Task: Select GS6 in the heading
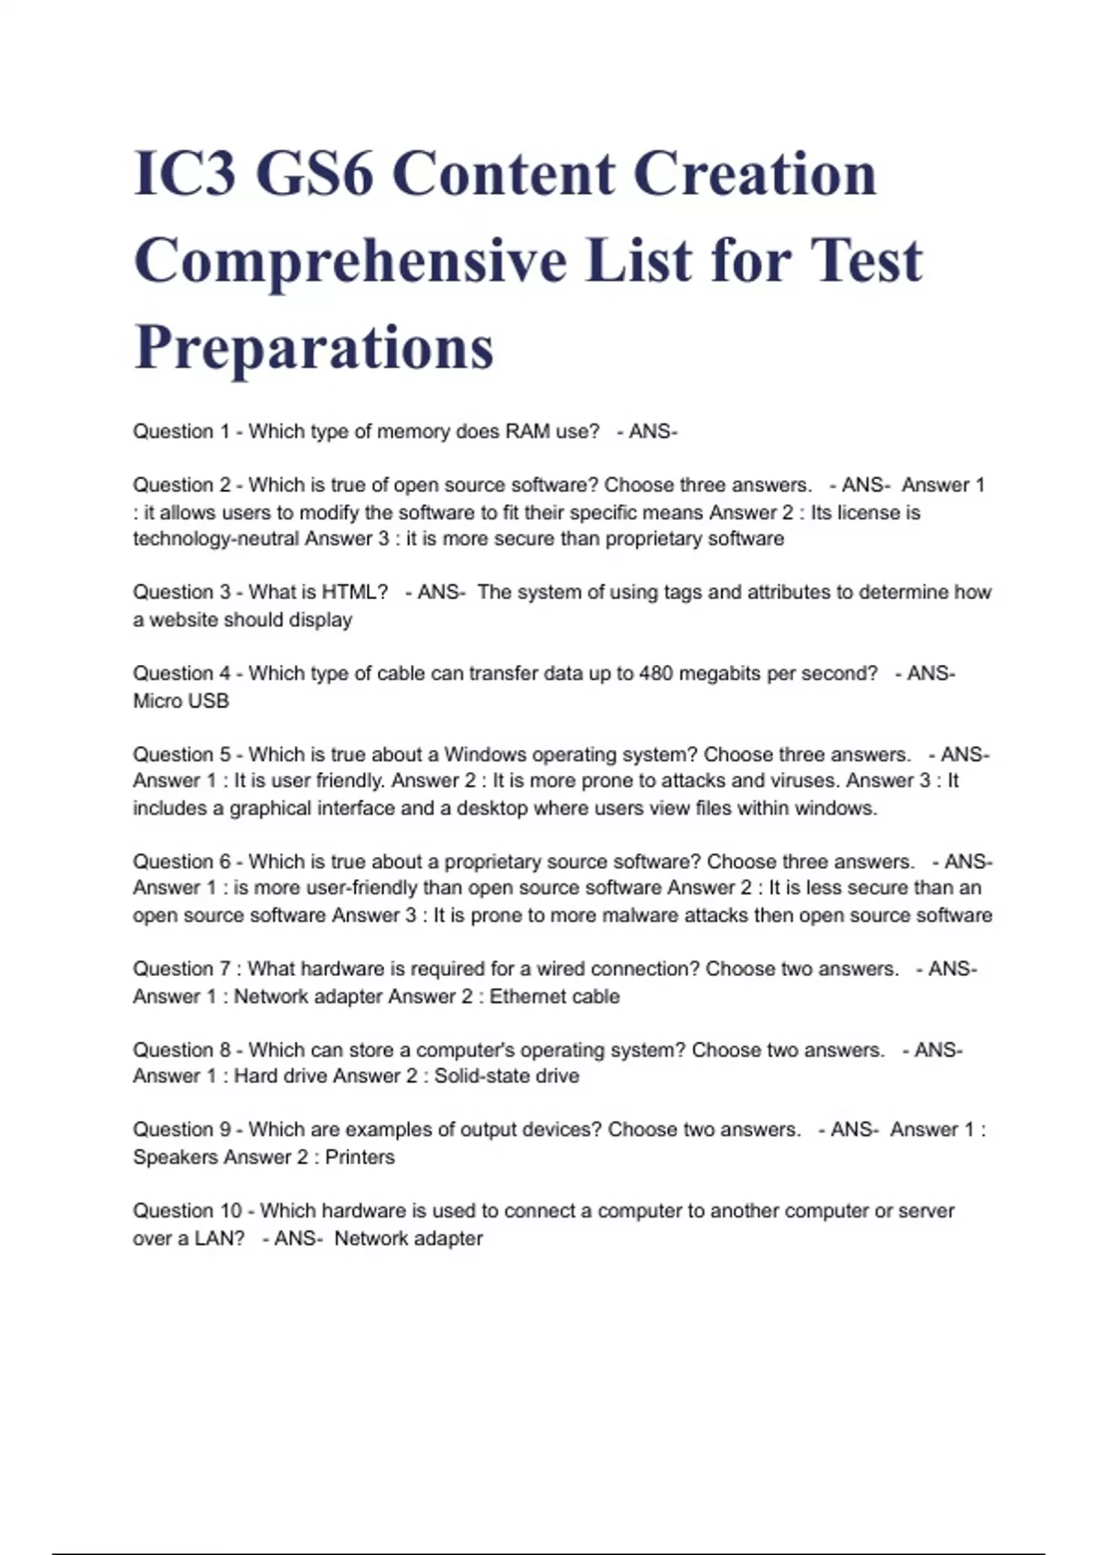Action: click(x=314, y=174)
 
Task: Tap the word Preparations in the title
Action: click(x=314, y=348)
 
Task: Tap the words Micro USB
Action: click(x=181, y=702)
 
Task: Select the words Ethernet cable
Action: click(x=554, y=997)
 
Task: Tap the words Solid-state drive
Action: click(x=506, y=1077)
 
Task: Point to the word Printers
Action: click(x=360, y=1157)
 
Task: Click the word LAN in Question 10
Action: click(x=220, y=1239)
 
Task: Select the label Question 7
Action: click(x=181, y=970)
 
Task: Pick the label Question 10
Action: click(x=187, y=1211)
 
